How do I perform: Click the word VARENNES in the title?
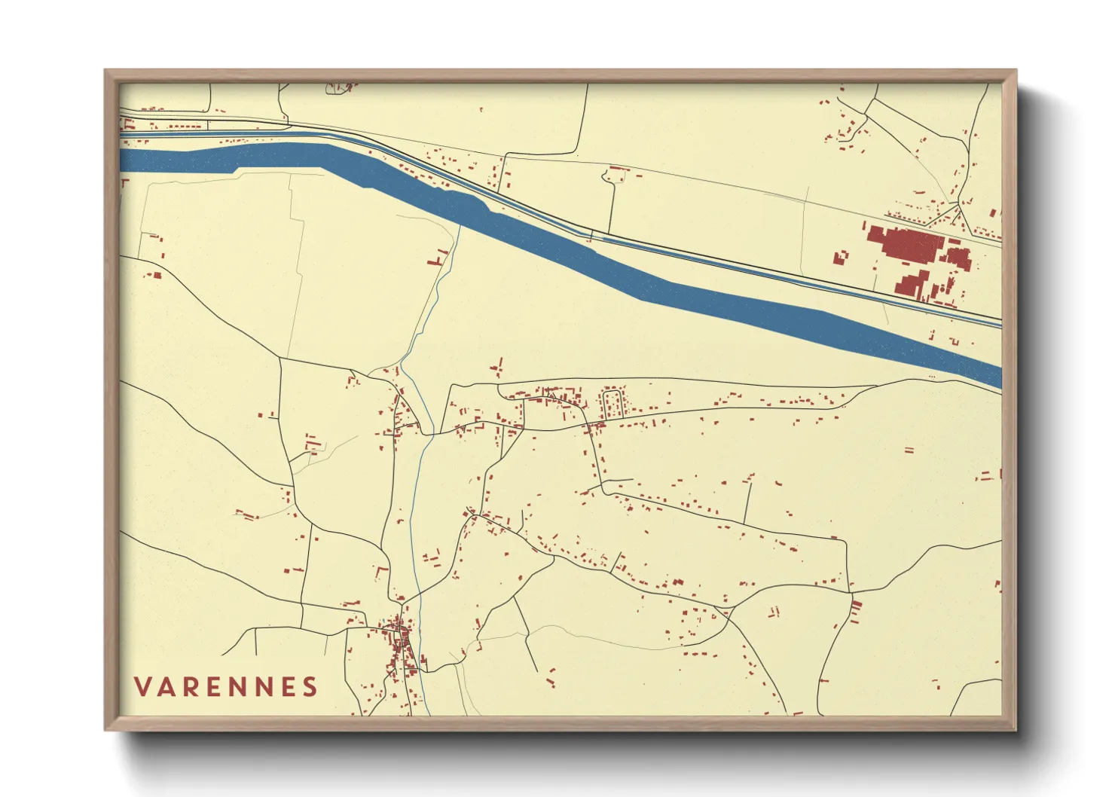point(226,687)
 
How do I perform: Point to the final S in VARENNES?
point(310,687)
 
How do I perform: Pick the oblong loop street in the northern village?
point(612,404)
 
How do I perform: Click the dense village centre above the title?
point(399,644)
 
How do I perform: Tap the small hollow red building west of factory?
point(840,258)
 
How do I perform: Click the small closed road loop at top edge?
point(338,88)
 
